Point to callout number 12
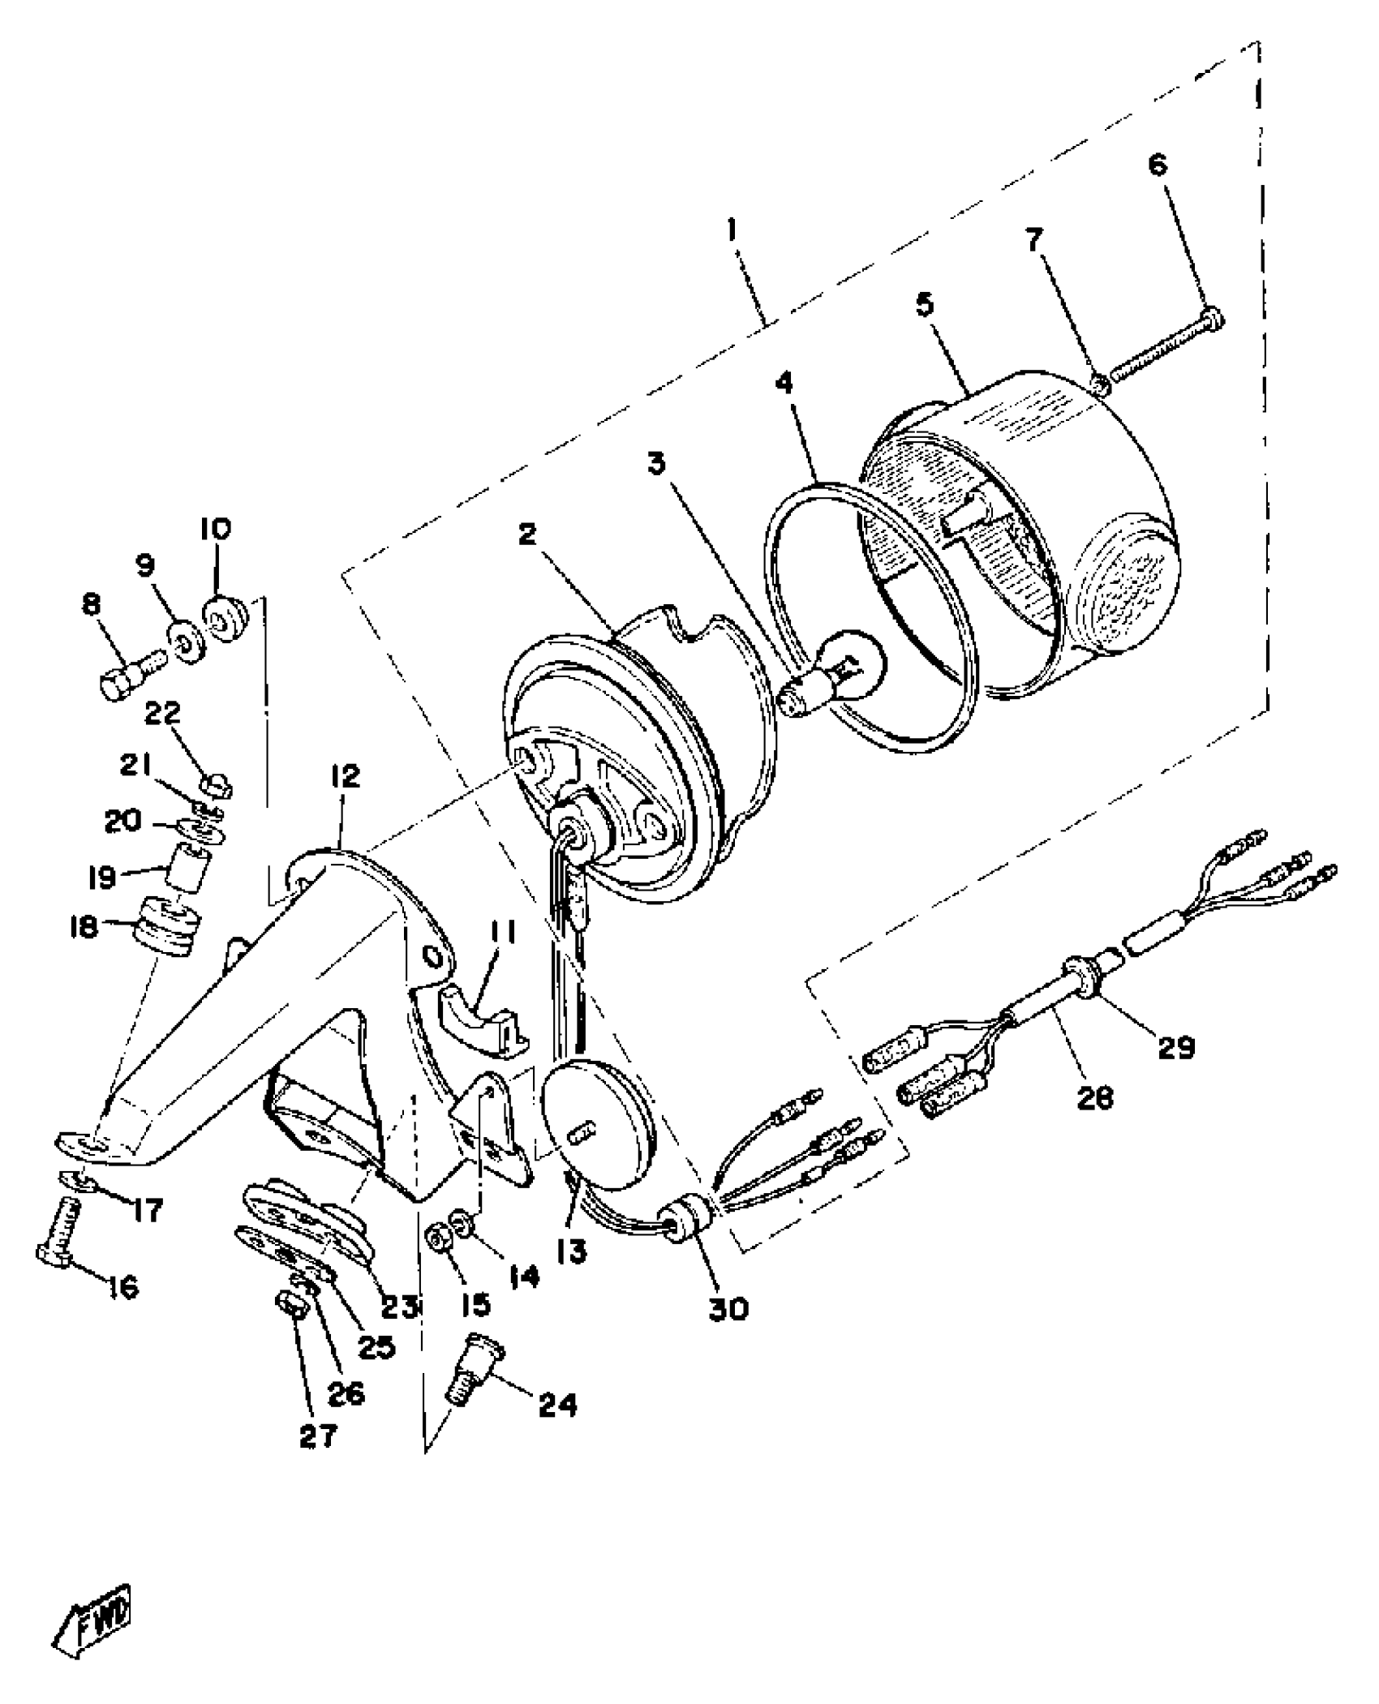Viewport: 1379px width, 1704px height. [x=345, y=776]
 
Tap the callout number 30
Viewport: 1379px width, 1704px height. [x=728, y=1307]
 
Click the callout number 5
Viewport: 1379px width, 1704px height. [x=925, y=306]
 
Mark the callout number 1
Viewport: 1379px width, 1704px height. [x=732, y=230]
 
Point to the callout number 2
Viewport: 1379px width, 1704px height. [x=528, y=535]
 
